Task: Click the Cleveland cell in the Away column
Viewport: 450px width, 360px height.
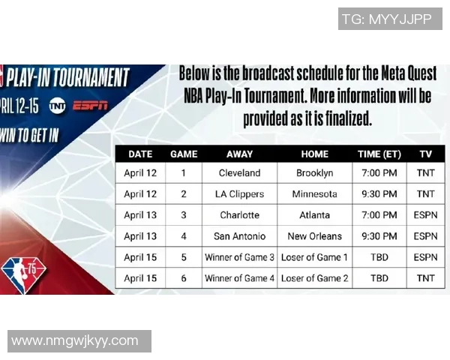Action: pyautogui.click(x=239, y=172)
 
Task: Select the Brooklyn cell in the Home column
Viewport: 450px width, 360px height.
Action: pyautogui.click(x=314, y=172)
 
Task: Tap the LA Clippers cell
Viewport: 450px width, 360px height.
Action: pyautogui.click(x=239, y=193)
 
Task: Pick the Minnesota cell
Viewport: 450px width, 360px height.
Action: pyautogui.click(x=314, y=193)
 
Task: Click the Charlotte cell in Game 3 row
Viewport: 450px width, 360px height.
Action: pyautogui.click(x=239, y=214)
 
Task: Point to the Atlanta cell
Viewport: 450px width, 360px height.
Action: pyautogui.click(x=314, y=214)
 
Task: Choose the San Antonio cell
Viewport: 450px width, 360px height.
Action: pyautogui.click(x=239, y=236)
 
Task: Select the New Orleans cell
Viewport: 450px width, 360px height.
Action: pyautogui.click(x=314, y=236)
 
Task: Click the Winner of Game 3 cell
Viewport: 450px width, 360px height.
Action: pyautogui.click(x=239, y=257)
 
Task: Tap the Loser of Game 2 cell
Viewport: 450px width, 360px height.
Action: pyautogui.click(x=314, y=278)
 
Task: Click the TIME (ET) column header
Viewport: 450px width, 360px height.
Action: pyautogui.click(x=379, y=154)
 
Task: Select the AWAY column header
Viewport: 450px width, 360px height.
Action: pyautogui.click(x=239, y=154)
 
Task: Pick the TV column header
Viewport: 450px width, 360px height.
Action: pyautogui.click(x=425, y=154)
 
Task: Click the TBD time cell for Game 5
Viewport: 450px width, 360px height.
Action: pyautogui.click(x=379, y=257)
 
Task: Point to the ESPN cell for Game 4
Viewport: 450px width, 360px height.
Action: pyautogui.click(x=425, y=236)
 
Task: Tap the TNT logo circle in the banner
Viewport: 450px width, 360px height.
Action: pyautogui.click(x=57, y=106)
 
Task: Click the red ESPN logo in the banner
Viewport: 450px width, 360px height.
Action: pyautogui.click(x=90, y=106)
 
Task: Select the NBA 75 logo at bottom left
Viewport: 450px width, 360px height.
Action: pyautogui.click(x=23, y=271)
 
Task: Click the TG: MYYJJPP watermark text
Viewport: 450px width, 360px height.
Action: pyautogui.click(x=386, y=19)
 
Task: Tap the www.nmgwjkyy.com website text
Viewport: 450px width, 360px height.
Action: pyautogui.click(x=75, y=340)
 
